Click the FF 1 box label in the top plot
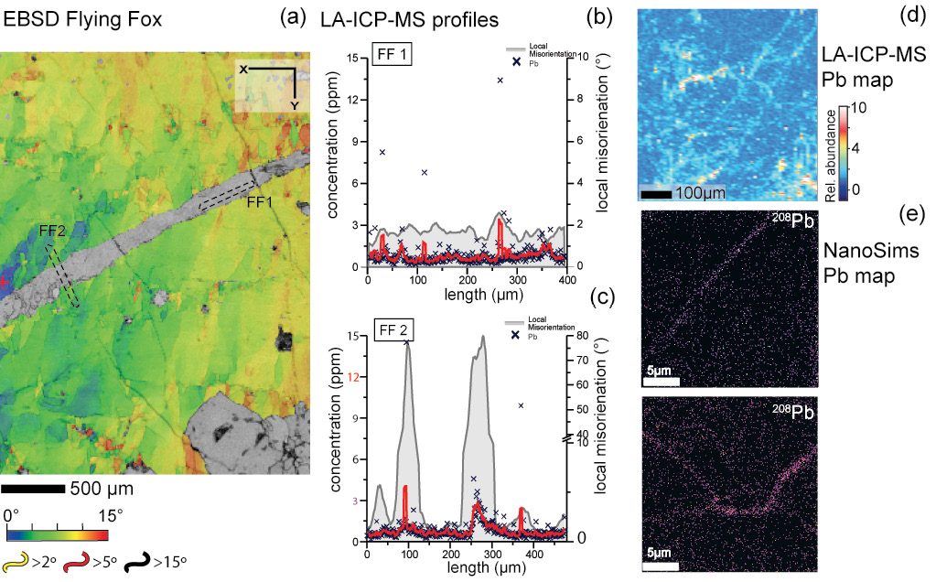391,56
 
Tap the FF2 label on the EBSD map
52,232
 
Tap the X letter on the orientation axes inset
243,69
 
